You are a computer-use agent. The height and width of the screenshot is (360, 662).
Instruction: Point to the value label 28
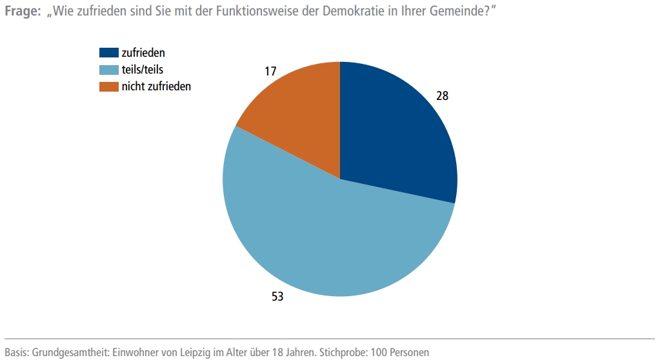(x=442, y=96)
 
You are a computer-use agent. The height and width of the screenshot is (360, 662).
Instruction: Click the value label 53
(x=277, y=297)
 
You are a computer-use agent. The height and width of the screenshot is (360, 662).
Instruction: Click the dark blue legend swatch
(x=109, y=53)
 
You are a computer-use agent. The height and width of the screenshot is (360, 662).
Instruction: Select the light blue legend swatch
(x=109, y=69)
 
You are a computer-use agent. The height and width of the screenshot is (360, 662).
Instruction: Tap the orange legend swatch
(x=109, y=86)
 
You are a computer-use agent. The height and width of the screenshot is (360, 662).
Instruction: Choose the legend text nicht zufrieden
(x=156, y=86)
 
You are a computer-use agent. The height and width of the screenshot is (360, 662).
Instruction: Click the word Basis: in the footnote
(x=17, y=352)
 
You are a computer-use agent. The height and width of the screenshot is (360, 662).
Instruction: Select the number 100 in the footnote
(x=381, y=352)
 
